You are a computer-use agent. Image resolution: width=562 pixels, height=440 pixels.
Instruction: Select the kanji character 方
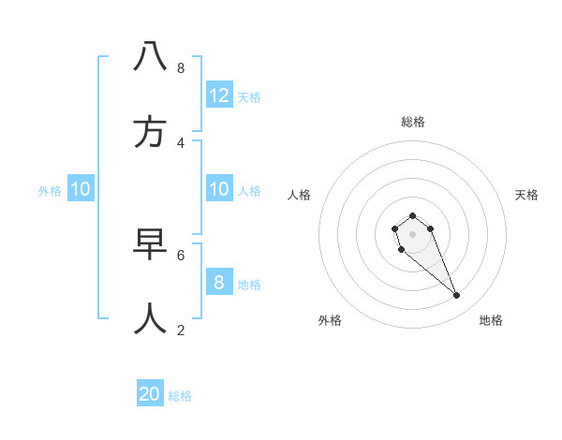pos(150,132)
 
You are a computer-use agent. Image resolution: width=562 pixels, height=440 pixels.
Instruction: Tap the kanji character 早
pos(150,245)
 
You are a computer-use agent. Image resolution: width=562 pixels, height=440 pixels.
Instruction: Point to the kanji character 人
pos(150,319)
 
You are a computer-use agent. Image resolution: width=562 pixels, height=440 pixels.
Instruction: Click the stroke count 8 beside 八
pos(180,67)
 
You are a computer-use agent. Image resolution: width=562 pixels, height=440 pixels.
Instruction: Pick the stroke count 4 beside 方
pos(180,142)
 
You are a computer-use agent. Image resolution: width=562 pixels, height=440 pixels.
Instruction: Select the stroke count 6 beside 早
pos(180,255)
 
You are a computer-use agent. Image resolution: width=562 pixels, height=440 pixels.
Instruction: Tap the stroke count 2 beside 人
pos(180,330)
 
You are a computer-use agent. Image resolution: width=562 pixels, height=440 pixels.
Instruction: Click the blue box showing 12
pos(219,95)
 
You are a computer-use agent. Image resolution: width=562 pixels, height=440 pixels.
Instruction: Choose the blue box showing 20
pos(150,394)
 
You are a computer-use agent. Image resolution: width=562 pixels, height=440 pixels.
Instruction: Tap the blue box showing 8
pos(219,283)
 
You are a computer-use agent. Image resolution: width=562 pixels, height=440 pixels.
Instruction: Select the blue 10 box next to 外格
pos(81,189)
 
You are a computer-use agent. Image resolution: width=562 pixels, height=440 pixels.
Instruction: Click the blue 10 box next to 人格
pos(219,189)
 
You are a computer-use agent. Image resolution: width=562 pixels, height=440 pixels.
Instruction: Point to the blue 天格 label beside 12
pos(249,96)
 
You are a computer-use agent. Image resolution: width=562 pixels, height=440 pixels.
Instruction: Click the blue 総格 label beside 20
pos(180,396)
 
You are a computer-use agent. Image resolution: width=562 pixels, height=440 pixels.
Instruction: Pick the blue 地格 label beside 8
pos(249,284)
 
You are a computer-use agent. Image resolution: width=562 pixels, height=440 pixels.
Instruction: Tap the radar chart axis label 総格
pos(412,122)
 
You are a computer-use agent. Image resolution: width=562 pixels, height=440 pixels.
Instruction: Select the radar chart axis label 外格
pos(330,320)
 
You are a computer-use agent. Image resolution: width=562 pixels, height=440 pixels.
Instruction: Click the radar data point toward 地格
pos(457,296)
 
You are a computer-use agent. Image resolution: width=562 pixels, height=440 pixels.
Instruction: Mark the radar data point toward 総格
pos(412,215)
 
